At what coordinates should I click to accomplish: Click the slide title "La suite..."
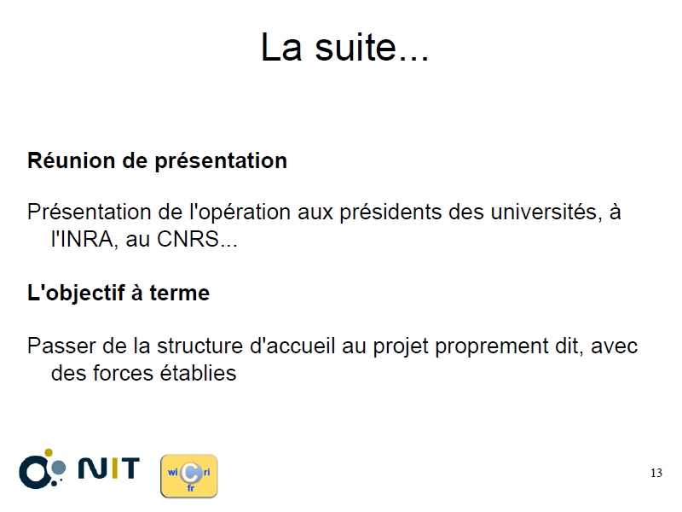pos(344,47)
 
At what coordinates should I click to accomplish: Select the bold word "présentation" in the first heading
pos(221,161)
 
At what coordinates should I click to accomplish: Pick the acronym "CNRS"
pos(188,239)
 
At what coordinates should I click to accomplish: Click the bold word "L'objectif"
pos(76,293)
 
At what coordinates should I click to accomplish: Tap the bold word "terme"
pos(179,293)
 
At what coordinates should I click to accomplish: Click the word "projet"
pos(400,346)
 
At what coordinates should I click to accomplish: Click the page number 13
pos(656,473)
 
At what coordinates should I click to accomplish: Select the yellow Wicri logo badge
pos(189,476)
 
